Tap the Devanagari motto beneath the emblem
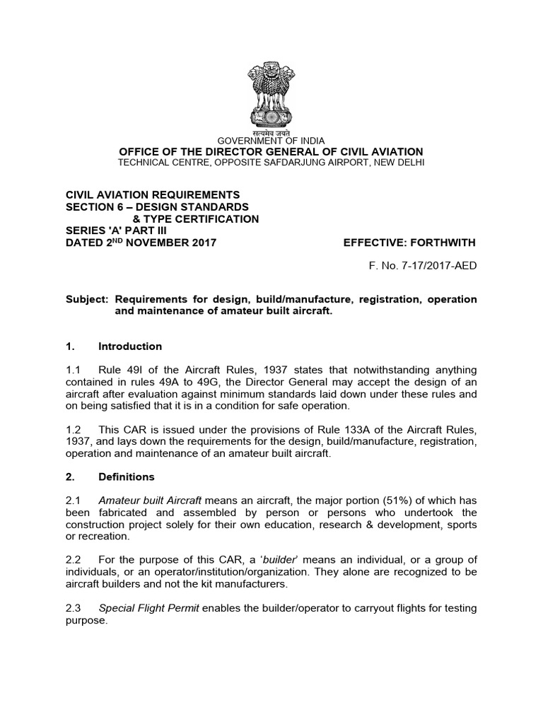tap(271, 132)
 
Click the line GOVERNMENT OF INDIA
tap(271, 141)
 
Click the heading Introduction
tap(130, 346)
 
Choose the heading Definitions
tap(127, 477)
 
